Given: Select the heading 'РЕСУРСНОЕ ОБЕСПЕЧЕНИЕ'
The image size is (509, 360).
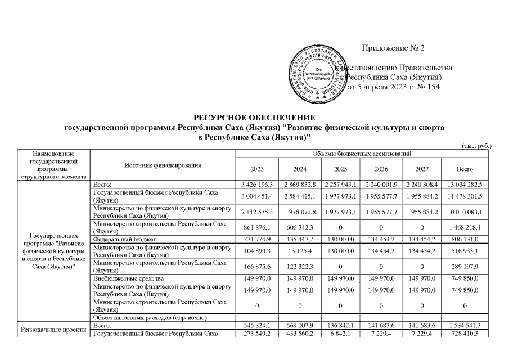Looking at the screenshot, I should pos(254,118).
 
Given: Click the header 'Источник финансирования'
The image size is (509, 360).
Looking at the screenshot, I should pos(163,165).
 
